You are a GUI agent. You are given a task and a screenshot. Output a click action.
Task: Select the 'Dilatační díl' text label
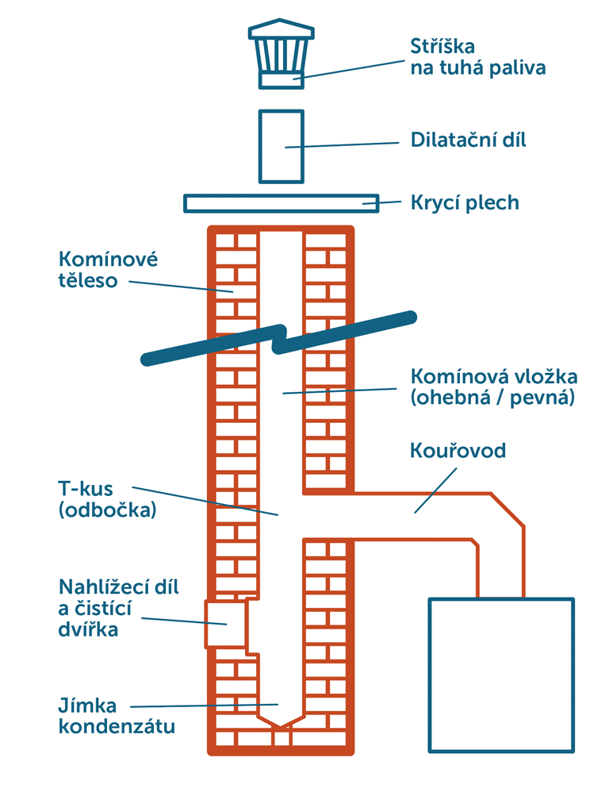(468, 140)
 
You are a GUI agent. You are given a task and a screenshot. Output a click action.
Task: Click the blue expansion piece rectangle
(281, 147)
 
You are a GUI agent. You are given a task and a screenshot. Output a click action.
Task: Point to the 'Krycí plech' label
(465, 202)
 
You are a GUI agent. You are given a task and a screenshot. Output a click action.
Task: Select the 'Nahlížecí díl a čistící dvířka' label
(119, 608)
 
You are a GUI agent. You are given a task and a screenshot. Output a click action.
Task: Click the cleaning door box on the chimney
(226, 624)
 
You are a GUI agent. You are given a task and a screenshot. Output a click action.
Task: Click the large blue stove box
(500, 674)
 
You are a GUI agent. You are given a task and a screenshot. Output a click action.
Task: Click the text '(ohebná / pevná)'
(492, 397)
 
